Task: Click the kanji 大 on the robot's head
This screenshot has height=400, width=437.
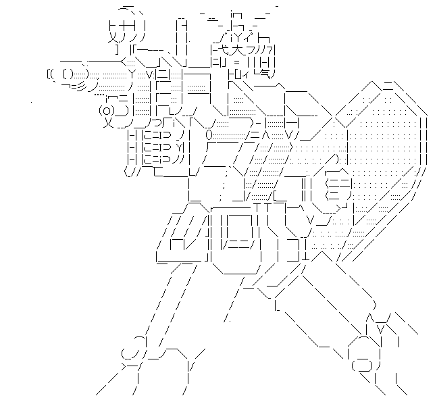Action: (238, 49)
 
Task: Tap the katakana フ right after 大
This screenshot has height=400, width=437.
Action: (251, 49)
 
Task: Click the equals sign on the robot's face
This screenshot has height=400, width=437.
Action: (237, 61)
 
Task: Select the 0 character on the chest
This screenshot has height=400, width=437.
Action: (209, 134)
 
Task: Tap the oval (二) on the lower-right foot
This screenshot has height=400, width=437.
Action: (362, 366)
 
